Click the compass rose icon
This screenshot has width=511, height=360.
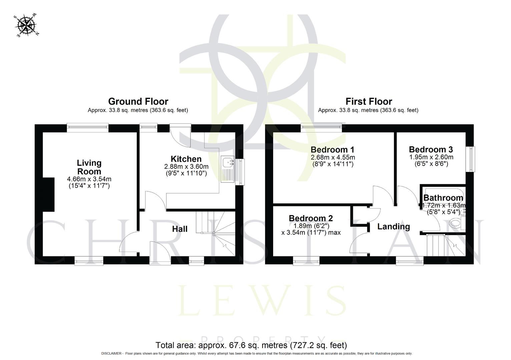pyautogui.click(x=26, y=25)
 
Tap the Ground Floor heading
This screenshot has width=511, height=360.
pyautogui.click(x=138, y=101)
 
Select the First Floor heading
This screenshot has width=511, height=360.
pyautogui.click(x=369, y=101)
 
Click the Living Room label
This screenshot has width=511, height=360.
pyautogui.click(x=89, y=167)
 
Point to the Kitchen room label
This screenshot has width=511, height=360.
pyautogui.click(x=186, y=159)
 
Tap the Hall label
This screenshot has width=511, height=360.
pyautogui.click(x=180, y=229)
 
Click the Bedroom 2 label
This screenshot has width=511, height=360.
pyautogui.click(x=311, y=218)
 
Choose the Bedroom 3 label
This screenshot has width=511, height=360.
pyautogui.click(x=431, y=149)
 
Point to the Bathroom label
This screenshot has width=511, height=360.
pyautogui.click(x=443, y=198)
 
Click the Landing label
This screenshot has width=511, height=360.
pyautogui.click(x=394, y=227)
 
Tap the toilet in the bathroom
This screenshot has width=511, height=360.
pyautogui.click(x=456, y=223)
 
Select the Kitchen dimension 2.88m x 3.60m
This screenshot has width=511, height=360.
pyautogui.click(x=186, y=166)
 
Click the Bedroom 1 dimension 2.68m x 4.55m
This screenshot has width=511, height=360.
pyautogui.click(x=333, y=157)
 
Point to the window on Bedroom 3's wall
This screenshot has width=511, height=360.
pyautogui.click(x=471, y=159)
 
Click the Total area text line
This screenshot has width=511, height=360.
pyautogui.click(x=251, y=345)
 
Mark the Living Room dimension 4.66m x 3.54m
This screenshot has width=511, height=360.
pyautogui.click(x=89, y=179)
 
